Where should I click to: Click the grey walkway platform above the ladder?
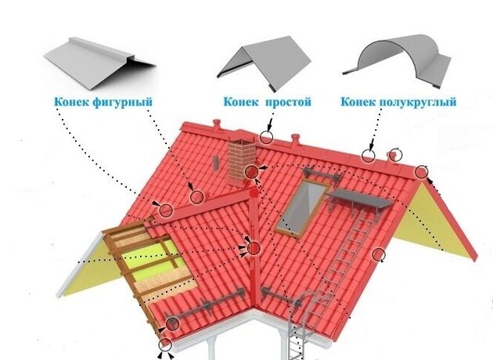(361, 202)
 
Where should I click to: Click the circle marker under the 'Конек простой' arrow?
(268, 138)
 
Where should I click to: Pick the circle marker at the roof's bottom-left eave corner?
(164, 344)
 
